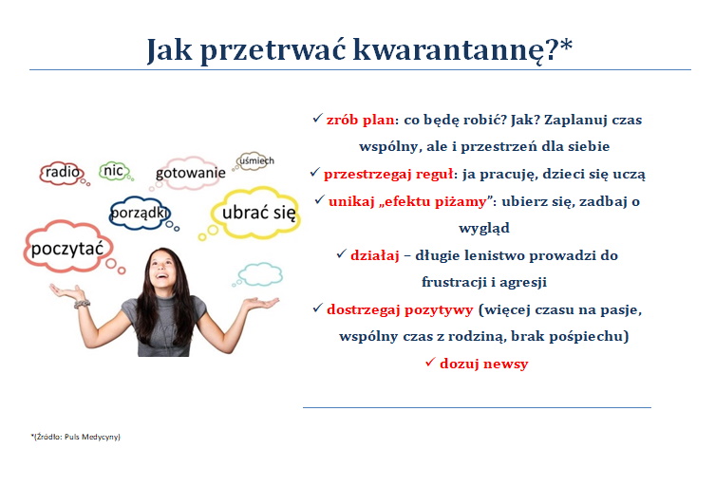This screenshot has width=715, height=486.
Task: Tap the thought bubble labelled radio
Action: (x=62, y=173)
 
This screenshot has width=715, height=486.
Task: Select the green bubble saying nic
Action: (x=114, y=171)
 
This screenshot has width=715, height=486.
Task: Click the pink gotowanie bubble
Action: (x=189, y=173)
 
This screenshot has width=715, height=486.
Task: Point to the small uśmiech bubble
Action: (x=254, y=161)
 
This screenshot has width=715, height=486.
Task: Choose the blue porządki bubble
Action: (x=140, y=213)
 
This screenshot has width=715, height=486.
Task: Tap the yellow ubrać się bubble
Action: (x=256, y=213)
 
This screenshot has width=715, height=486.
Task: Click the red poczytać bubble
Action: (x=68, y=247)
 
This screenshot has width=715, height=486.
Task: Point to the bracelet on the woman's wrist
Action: (x=82, y=304)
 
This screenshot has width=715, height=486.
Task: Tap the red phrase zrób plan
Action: (x=360, y=120)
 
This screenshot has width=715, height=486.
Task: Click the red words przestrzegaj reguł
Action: (x=388, y=174)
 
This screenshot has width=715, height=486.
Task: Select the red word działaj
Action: (x=374, y=255)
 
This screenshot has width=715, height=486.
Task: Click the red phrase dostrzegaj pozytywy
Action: (x=400, y=310)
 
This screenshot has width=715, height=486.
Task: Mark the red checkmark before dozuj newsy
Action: (x=430, y=362)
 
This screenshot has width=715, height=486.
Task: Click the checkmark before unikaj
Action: (x=319, y=199)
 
